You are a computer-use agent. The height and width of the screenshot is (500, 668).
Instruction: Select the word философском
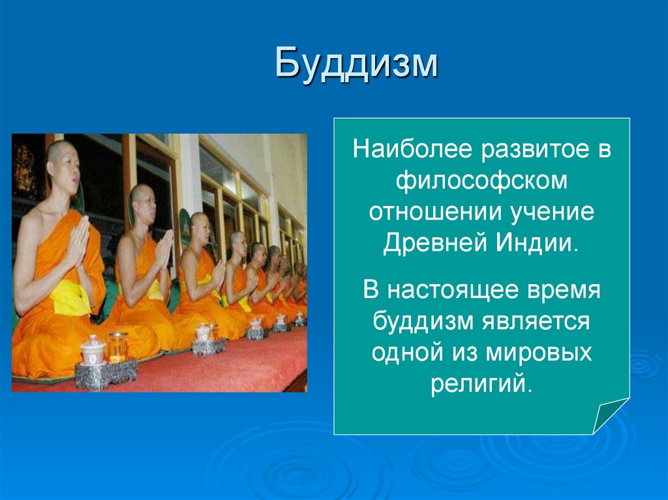481,181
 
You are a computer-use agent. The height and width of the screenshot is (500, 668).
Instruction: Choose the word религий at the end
481,383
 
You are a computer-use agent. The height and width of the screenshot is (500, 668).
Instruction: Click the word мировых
538,353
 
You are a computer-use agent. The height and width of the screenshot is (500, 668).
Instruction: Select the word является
536,321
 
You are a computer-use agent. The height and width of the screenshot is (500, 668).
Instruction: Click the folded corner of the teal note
610,416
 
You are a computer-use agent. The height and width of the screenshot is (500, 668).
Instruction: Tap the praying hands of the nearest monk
79,241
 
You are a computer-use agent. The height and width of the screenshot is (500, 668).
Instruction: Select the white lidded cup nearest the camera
93,350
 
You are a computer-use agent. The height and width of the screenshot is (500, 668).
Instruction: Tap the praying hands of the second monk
164,250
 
